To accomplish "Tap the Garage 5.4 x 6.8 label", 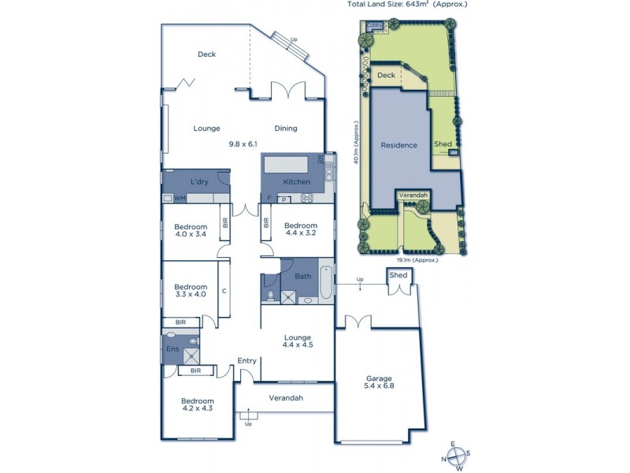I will tap(379, 381).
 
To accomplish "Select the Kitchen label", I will tap(286, 182).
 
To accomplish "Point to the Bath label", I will tap(303, 277).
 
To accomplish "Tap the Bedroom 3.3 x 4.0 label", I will tap(191, 290).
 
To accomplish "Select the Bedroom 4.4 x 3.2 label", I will tap(300, 230).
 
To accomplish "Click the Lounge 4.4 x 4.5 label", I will tap(298, 341).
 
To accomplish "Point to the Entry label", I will tap(247, 361).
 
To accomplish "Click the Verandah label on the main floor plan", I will tap(286, 397).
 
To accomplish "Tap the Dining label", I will tap(286, 128).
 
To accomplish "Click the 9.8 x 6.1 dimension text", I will tap(243, 144).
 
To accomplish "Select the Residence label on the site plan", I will tap(398, 145).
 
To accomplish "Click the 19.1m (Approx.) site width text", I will tap(416, 259).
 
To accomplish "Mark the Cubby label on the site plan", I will tap(376, 27).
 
